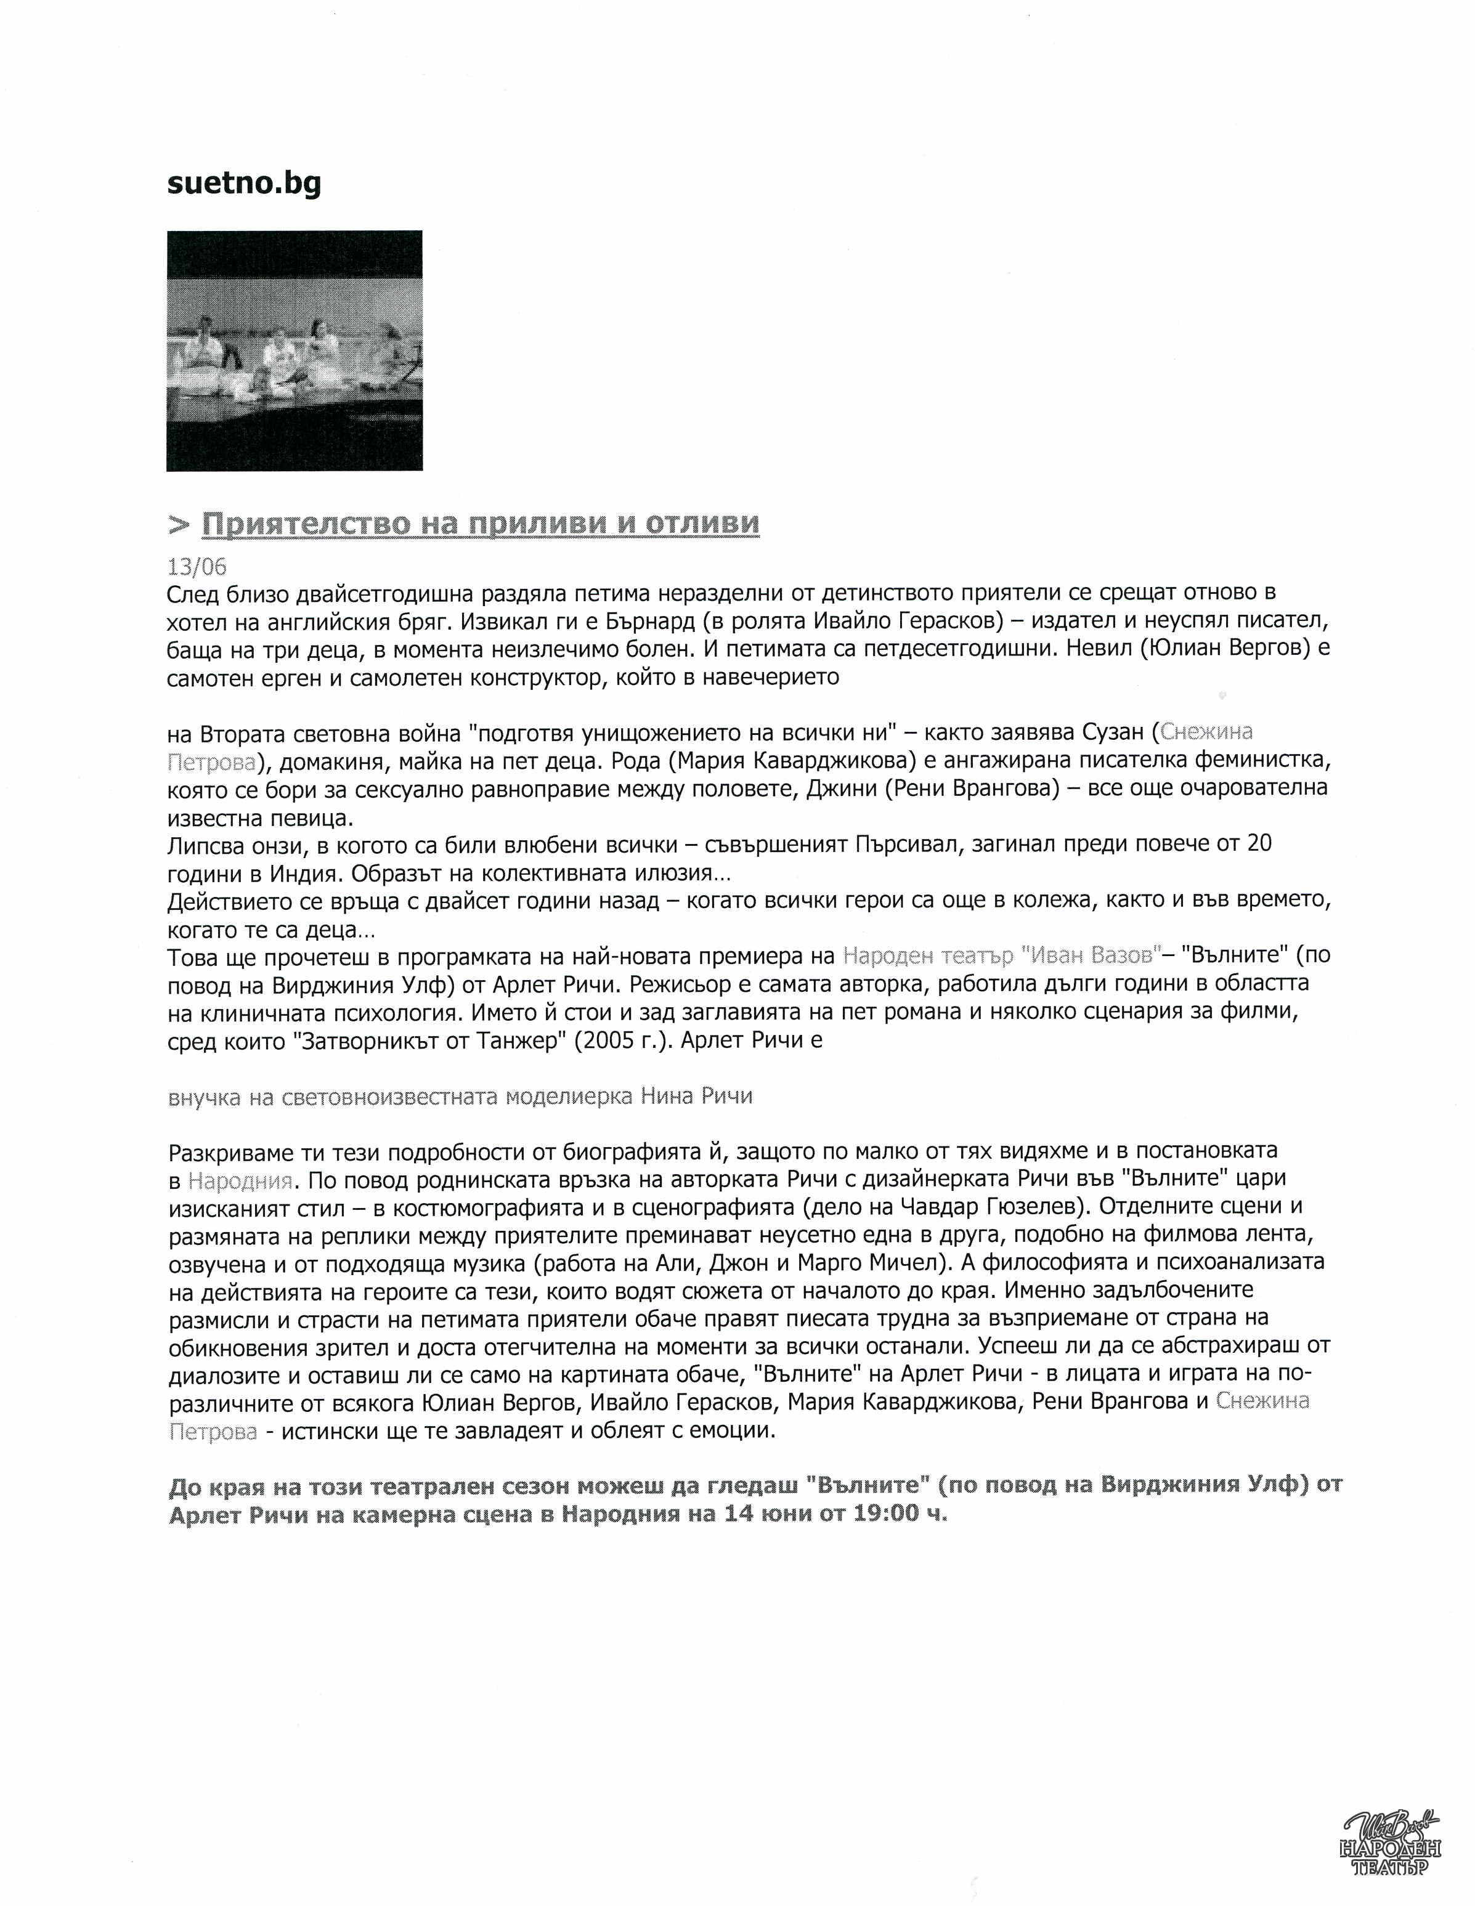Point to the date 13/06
pyautogui.click(x=197, y=567)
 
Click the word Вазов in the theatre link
pyautogui.click(x=1123, y=955)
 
